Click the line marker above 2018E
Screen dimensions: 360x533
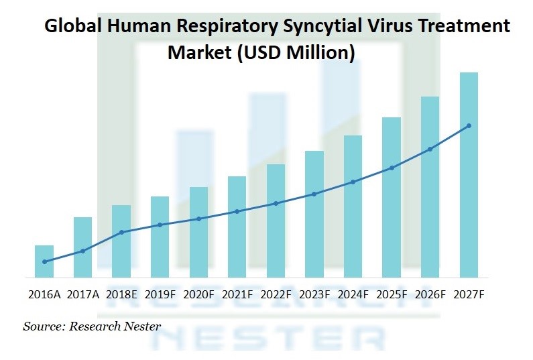click(x=121, y=232)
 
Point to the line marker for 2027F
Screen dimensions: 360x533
click(x=469, y=125)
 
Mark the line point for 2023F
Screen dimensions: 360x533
click(x=314, y=194)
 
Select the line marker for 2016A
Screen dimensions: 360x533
click(x=44, y=261)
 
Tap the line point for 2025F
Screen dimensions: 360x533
click(x=392, y=168)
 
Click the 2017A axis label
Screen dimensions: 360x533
click(x=83, y=294)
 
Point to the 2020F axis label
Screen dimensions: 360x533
click(x=198, y=294)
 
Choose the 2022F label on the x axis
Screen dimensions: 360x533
click(x=276, y=294)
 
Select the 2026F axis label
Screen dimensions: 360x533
click(x=430, y=294)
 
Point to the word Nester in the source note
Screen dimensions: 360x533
click(x=139, y=326)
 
